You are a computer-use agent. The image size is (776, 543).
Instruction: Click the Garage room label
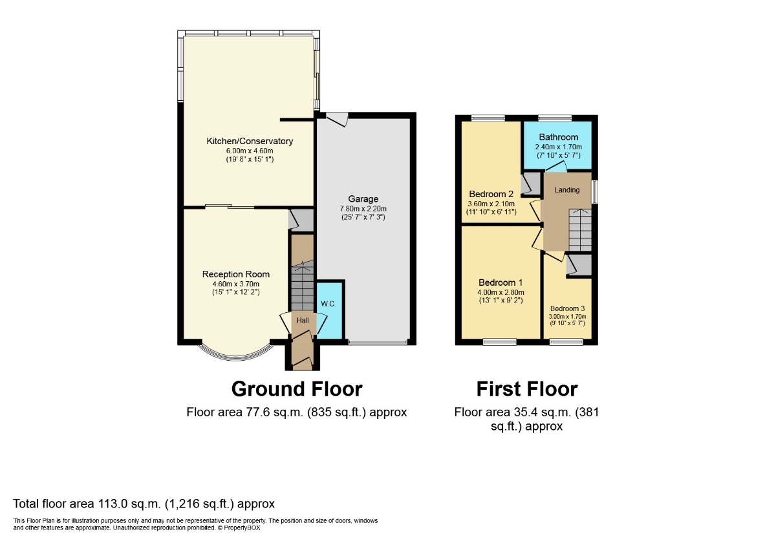click(363, 199)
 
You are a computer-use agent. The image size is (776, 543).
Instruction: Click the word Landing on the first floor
click(566, 190)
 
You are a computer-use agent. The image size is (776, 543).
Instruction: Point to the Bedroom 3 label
click(567, 308)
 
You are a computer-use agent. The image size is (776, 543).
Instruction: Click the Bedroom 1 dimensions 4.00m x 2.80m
click(501, 292)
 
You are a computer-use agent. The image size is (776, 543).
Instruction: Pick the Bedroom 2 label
click(491, 195)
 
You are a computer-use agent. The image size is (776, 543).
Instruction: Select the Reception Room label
click(235, 274)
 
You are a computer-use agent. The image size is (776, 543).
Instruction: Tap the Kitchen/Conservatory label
click(250, 141)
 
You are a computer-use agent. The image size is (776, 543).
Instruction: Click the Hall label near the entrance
click(303, 320)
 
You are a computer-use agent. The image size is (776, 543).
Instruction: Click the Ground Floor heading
click(297, 389)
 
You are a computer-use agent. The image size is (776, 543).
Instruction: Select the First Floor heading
click(526, 389)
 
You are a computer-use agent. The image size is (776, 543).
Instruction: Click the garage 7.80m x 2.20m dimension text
click(363, 209)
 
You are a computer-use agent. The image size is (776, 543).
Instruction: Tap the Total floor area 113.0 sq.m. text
click(144, 504)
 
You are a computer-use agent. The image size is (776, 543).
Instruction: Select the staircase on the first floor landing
click(579, 229)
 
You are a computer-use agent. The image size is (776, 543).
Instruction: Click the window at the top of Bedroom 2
click(488, 118)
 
